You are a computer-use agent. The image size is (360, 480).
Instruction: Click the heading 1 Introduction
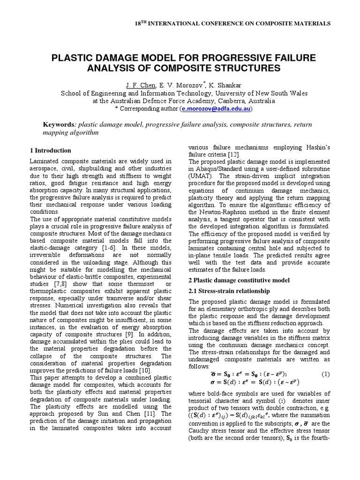tap(50, 150)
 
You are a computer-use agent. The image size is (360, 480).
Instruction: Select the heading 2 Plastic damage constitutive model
tap(239, 280)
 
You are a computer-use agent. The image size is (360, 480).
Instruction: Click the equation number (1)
tap(325, 374)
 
